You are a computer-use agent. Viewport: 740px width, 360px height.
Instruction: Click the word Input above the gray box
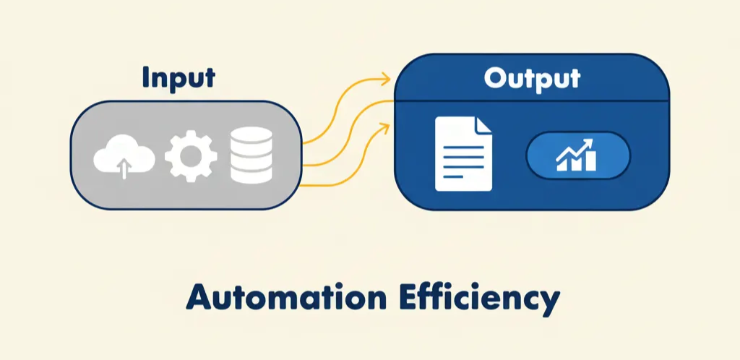[178, 78]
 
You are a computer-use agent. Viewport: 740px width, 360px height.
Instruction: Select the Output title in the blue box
[532, 78]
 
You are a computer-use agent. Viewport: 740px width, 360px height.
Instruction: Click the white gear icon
[191, 156]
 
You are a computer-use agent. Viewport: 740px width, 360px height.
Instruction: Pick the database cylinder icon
[251, 155]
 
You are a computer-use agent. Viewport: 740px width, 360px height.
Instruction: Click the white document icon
[463, 154]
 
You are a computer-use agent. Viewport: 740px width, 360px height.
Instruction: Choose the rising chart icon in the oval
[577, 155]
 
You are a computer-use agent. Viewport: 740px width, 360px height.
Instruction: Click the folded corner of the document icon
[483, 125]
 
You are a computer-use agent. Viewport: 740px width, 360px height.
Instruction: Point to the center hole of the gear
[191, 156]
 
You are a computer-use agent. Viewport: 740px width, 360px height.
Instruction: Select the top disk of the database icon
[251, 137]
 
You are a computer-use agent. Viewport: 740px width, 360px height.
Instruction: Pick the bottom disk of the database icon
[251, 173]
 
